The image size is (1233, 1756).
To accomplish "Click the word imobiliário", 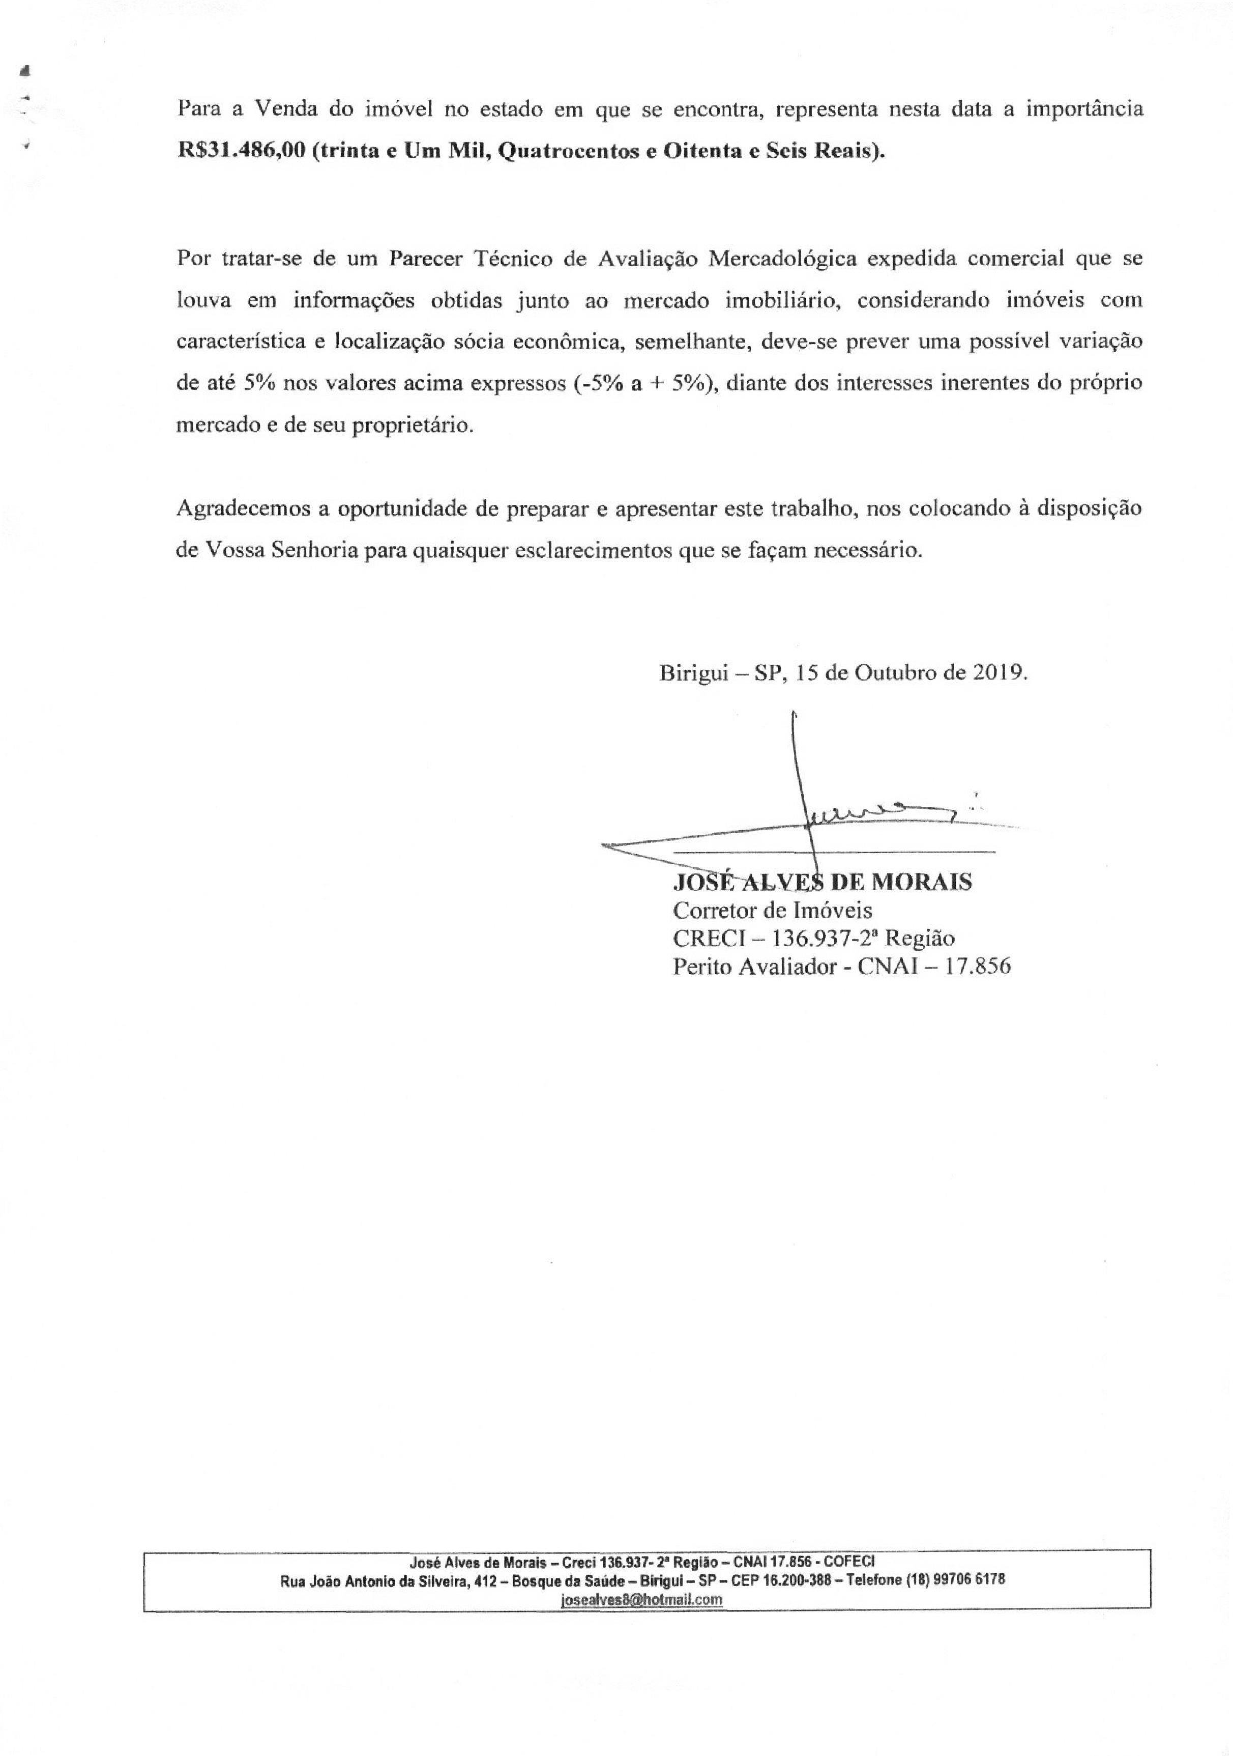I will click(x=775, y=300).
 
